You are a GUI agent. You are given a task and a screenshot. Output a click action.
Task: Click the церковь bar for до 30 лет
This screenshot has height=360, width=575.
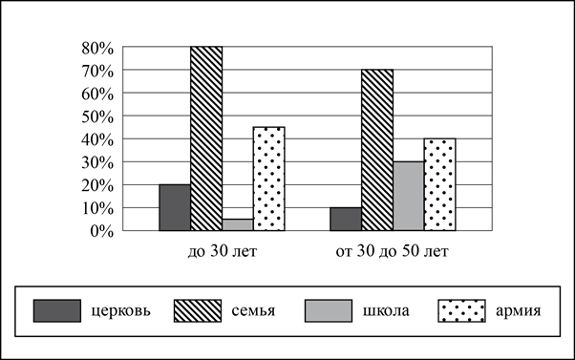click(175, 207)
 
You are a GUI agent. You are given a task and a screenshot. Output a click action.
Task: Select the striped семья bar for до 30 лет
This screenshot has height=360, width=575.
click(206, 138)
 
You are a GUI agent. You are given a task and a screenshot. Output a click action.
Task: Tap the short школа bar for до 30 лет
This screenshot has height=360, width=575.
click(238, 224)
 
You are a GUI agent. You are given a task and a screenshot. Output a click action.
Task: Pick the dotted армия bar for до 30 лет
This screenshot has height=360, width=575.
click(269, 179)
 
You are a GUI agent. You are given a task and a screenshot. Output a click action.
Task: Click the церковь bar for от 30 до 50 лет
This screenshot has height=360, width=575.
click(346, 220)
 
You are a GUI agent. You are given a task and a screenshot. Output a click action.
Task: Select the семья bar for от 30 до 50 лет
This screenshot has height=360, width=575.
click(377, 150)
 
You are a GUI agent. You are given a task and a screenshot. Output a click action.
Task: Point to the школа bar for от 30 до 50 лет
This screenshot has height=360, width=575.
click(409, 196)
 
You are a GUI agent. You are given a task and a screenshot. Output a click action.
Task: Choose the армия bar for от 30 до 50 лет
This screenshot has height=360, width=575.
click(440, 184)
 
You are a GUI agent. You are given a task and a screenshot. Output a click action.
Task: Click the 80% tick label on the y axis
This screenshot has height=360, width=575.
click(97, 48)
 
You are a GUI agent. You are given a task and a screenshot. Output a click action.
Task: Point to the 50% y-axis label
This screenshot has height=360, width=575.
click(97, 116)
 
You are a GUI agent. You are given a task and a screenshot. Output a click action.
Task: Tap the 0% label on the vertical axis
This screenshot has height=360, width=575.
click(101, 232)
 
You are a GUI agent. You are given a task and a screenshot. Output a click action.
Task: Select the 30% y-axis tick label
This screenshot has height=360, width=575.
click(97, 162)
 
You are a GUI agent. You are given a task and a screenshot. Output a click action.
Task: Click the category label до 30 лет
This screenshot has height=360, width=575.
click(223, 251)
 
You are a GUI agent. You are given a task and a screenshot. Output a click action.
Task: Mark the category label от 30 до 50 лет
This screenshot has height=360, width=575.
click(392, 251)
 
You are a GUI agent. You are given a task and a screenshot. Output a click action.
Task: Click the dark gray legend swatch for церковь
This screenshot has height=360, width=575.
click(57, 311)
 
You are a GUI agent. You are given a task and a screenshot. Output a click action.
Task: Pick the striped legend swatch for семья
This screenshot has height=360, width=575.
click(198, 311)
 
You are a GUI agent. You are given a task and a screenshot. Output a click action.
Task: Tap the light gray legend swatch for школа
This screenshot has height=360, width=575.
click(329, 311)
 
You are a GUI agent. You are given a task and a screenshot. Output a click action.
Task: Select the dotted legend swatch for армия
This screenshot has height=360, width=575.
click(461, 311)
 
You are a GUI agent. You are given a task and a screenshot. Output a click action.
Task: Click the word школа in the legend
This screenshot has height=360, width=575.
click(386, 311)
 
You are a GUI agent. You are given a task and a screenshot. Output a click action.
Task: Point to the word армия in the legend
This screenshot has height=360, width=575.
click(518, 311)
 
